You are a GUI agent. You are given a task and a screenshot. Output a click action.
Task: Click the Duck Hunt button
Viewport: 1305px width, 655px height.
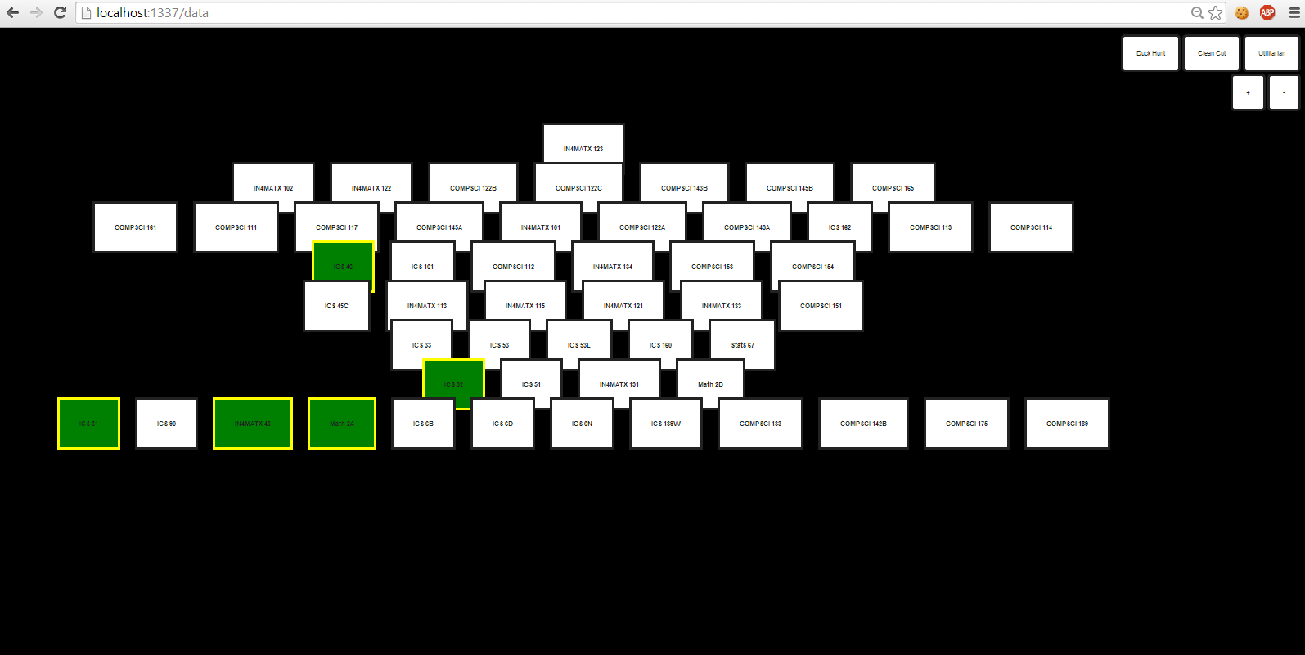pos(1150,53)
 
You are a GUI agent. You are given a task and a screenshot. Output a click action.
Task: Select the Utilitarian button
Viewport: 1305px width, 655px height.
pos(1271,53)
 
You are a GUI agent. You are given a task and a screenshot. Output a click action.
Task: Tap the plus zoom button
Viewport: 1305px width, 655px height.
pos(1248,92)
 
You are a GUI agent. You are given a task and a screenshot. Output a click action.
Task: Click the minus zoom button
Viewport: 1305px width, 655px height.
pos(1284,92)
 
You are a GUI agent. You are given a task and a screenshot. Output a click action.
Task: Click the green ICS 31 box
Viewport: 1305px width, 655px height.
pos(88,424)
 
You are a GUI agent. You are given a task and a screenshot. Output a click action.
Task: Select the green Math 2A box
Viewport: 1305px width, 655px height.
pos(342,424)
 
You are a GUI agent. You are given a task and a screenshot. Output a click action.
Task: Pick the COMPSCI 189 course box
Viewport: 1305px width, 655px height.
pos(1067,424)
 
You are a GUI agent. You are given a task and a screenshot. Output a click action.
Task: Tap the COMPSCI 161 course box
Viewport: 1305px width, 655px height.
pos(135,227)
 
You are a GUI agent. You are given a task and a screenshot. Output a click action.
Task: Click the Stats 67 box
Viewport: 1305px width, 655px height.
pos(742,345)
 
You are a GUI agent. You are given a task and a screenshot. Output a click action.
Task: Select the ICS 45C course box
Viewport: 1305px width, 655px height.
pos(336,306)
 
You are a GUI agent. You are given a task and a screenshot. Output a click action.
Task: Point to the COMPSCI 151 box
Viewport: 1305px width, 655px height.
pos(821,306)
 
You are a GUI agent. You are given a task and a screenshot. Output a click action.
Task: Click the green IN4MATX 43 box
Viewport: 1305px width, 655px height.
pos(253,424)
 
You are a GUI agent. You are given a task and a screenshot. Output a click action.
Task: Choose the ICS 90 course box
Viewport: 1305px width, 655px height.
pos(166,424)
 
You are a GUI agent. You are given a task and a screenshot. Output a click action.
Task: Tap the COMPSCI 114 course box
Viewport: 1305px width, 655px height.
pos(1031,227)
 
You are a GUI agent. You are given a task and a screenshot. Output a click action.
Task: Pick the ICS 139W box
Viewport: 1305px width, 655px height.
pos(665,424)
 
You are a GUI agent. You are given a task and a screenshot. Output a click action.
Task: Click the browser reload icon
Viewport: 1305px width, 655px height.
pos(60,12)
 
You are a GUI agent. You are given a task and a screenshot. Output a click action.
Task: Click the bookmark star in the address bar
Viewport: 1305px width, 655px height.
pos(1216,12)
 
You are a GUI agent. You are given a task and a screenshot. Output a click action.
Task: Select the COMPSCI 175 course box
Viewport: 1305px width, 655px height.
pos(966,424)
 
